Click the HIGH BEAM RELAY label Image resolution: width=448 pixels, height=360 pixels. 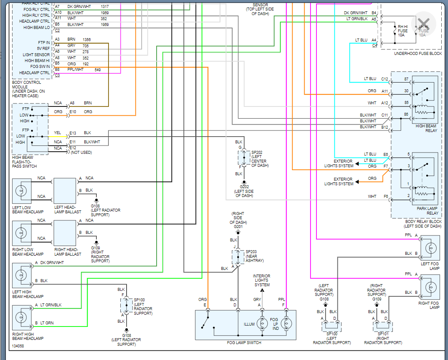(x=426, y=128)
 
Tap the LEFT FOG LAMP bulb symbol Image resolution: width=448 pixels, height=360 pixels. (x=430, y=248)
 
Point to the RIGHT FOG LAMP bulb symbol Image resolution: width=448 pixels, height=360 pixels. (x=430, y=287)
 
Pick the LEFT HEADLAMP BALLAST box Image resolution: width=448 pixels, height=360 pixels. (x=65, y=190)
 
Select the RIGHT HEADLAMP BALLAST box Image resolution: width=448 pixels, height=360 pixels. (x=65, y=232)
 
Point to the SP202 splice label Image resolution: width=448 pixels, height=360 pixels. (x=256, y=153)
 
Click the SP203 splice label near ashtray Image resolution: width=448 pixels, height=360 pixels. (x=251, y=252)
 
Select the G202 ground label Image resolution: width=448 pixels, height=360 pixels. (x=244, y=187)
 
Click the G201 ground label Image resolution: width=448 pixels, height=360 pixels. (x=238, y=227)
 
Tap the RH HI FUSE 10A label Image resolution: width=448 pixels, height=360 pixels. (x=402, y=31)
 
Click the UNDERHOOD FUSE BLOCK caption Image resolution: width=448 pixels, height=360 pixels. (x=417, y=54)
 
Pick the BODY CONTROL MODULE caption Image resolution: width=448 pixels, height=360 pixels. (x=26, y=82)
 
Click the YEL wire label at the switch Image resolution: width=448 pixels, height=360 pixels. (x=57, y=133)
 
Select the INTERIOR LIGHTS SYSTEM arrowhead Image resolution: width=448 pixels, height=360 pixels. (x=262, y=290)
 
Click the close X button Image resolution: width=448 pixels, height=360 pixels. (x=424, y=23)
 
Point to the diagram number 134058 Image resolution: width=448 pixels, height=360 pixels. (x=18, y=346)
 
